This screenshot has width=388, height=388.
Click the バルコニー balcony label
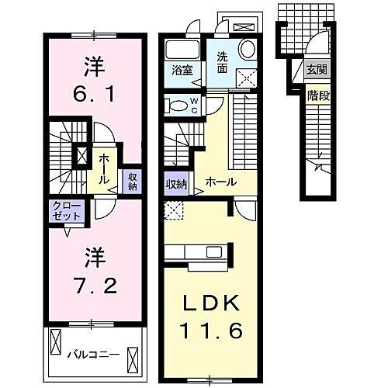[92, 354]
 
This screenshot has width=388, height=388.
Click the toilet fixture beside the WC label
[176, 106]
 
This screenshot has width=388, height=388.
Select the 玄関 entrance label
[315, 69]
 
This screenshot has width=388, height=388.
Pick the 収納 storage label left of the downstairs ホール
[176, 184]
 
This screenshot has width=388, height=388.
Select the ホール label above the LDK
[220, 182]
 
